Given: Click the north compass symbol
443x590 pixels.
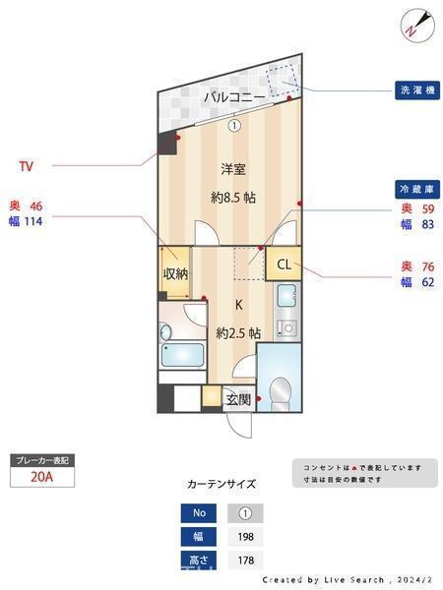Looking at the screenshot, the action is pyautogui.click(x=417, y=26).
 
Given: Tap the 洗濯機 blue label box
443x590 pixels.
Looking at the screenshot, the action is pyautogui.click(x=417, y=90).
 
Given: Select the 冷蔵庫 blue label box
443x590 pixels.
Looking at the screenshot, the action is pyautogui.click(x=417, y=189).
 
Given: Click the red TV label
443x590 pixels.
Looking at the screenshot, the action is pyautogui.click(x=26, y=166).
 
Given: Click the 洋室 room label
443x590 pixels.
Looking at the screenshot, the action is pyautogui.click(x=233, y=169).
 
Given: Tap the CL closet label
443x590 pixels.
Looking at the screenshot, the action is pyautogui.click(x=285, y=265).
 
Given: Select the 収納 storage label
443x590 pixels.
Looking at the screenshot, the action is pyautogui.click(x=175, y=273).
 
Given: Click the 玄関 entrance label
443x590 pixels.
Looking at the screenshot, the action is pyautogui.click(x=238, y=399).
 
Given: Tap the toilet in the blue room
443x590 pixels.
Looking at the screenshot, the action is pyautogui.click(x=281, y=393).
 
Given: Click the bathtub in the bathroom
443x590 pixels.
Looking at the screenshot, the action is pyautogui.click(x=183, y=355).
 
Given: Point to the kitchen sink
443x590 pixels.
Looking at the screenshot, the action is pyautogui.click(x=287, y=295).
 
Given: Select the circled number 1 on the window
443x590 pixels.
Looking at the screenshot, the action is pyautogui.click(x=234, y=125).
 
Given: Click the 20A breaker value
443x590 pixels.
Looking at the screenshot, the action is pyautogui.click(x=41, y=477).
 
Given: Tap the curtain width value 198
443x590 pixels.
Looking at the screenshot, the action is pyautogui.click(x=245, y=537).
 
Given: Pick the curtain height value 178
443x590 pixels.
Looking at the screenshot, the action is pyautogui.click(x=245, y=560).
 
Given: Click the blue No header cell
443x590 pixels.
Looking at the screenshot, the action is pyautogui.click(x=199, y=513).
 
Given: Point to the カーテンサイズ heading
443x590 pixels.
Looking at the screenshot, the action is pyautogui.click(x=221, y=484).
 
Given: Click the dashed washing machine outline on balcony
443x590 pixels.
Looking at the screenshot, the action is pyautogui.click(x=283, y=81).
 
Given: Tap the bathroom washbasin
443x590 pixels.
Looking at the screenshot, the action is pyautogui.click(x=165, y=332).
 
